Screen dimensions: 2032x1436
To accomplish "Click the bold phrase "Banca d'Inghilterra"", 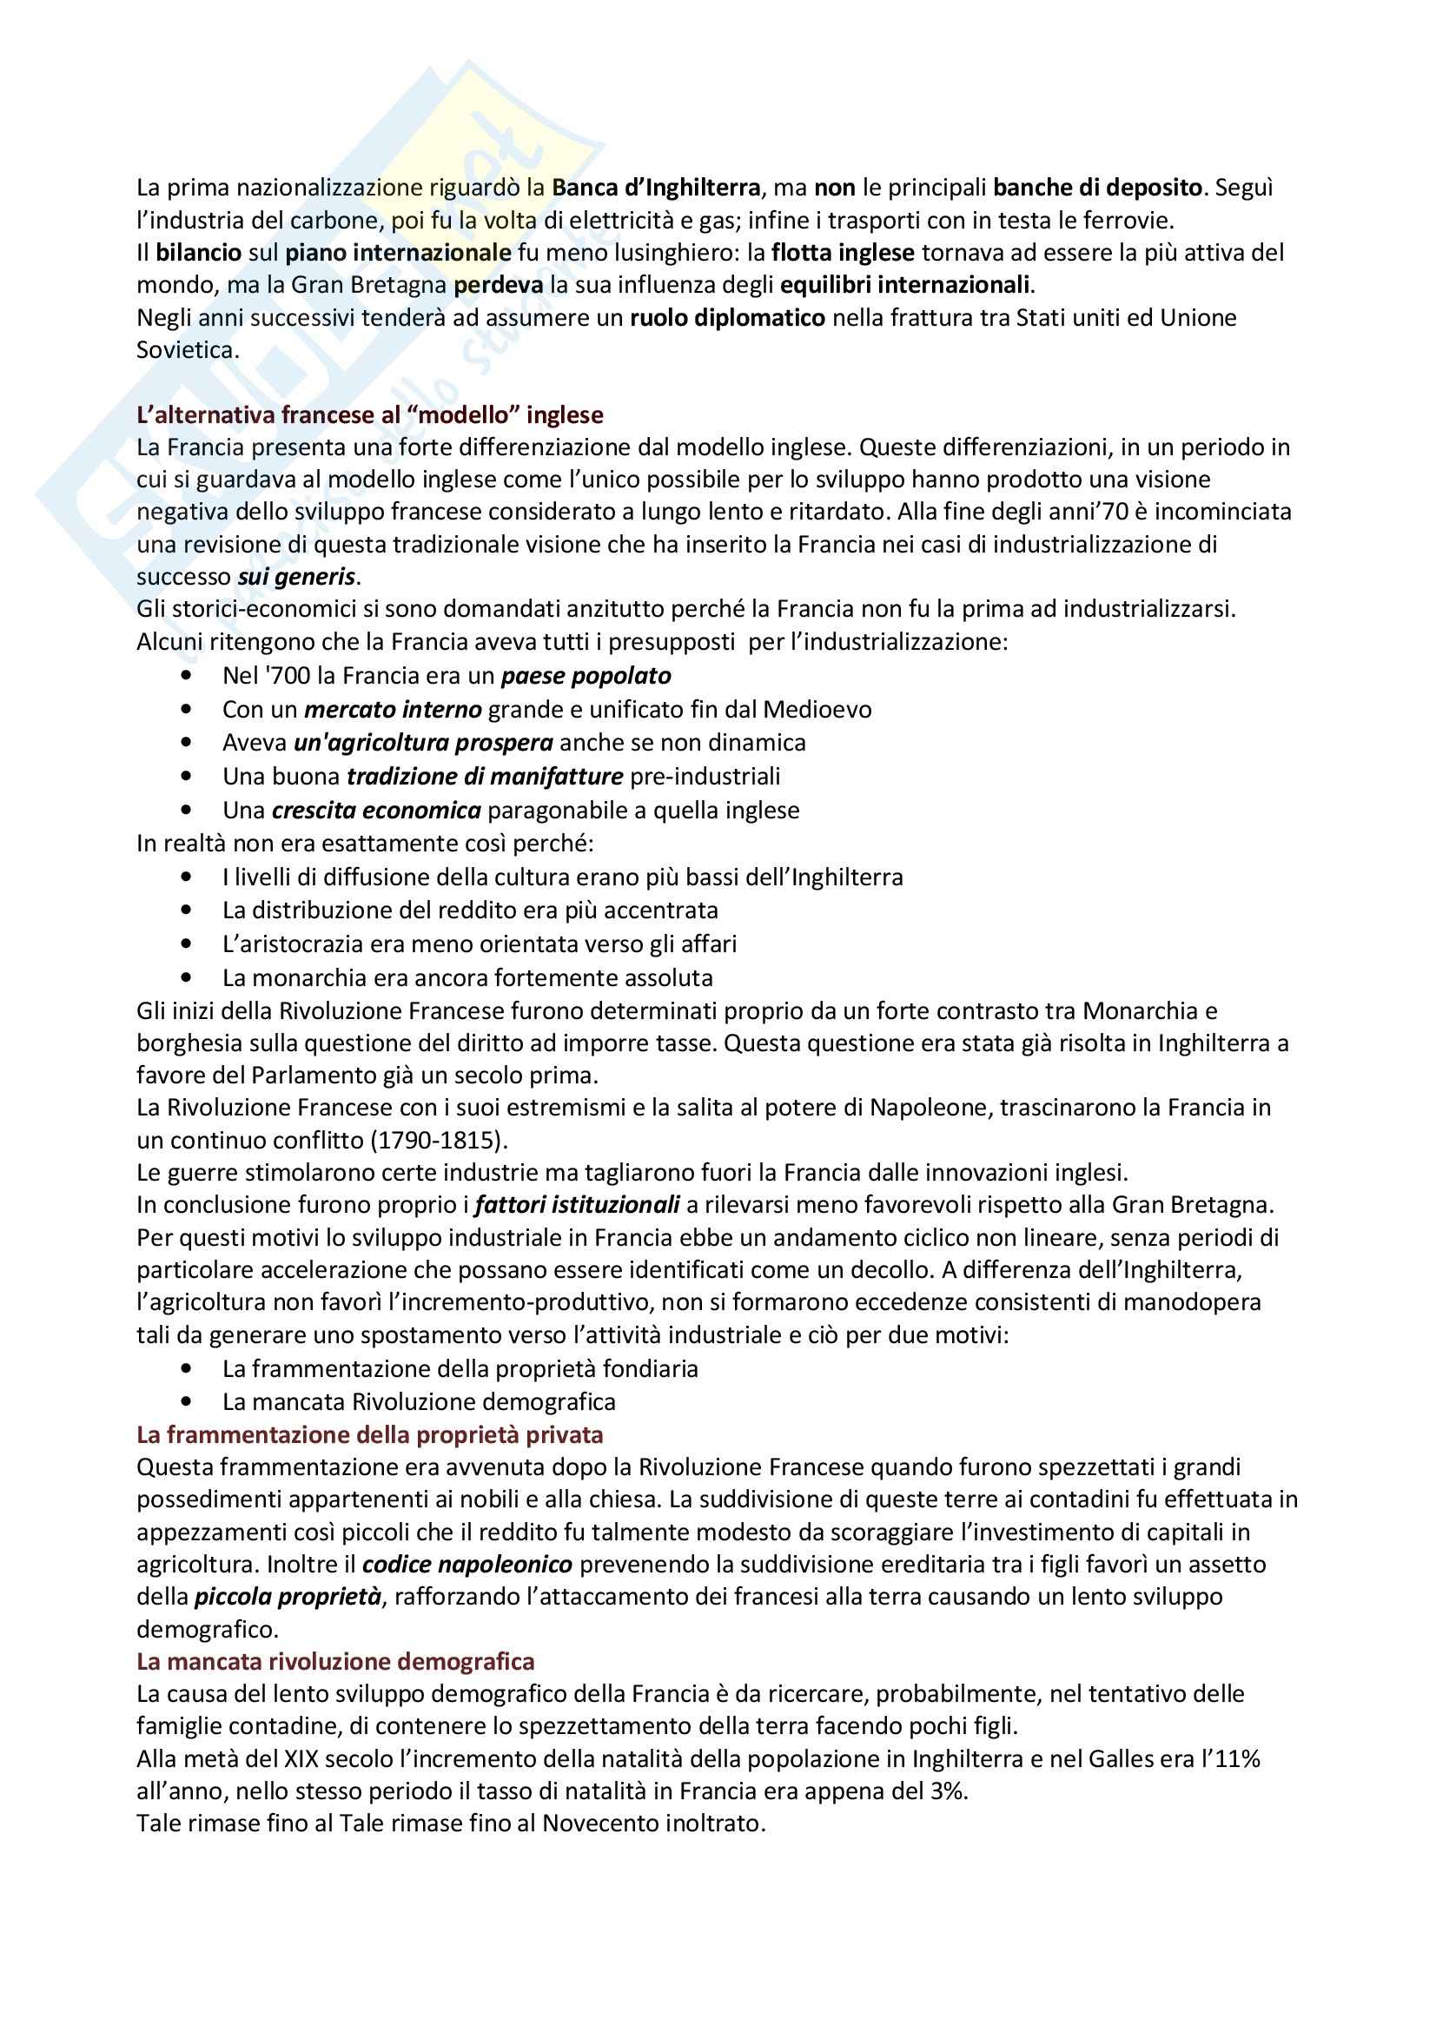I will click(656, 188).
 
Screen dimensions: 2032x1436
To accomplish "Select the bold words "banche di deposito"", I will click(1097, 188).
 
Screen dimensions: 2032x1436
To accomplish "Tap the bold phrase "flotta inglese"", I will click(843, 253).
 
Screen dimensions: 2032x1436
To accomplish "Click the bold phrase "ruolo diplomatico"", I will click(727, 318).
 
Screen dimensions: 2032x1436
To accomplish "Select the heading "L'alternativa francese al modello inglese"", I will click(370, 414).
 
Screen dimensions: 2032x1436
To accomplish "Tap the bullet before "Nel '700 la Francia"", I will click(186, 676).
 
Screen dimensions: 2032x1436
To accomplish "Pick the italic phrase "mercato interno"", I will click(393, 710).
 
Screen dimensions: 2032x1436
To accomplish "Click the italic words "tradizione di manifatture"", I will click(485, 777).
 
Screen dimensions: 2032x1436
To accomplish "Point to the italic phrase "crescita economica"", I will click(377, 811).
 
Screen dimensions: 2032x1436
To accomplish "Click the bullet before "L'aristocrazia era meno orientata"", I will click(186, 944).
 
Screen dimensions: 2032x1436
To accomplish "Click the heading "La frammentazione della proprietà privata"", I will click(370, 1434).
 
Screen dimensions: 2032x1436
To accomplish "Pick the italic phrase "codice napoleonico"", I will click(467, 1565).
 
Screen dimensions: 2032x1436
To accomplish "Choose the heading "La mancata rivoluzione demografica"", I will click(335, 1661).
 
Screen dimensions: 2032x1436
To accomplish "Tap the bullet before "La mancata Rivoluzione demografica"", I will click(186, 1402).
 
